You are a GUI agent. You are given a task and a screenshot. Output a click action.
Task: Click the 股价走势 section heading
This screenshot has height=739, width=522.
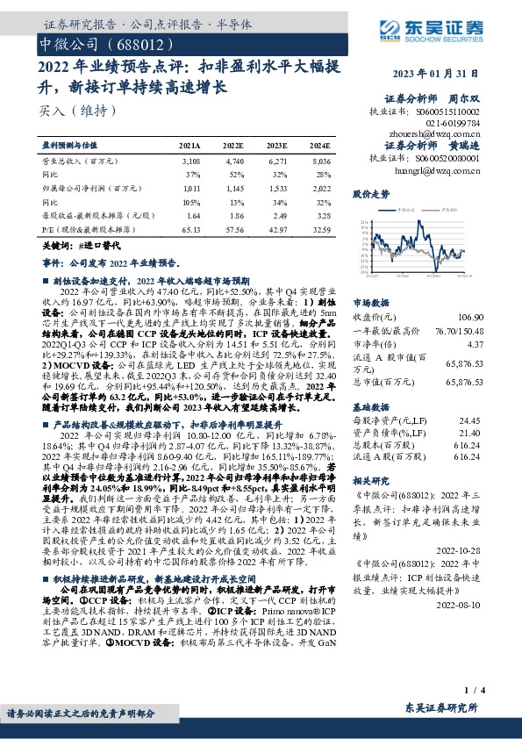point(370,192)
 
